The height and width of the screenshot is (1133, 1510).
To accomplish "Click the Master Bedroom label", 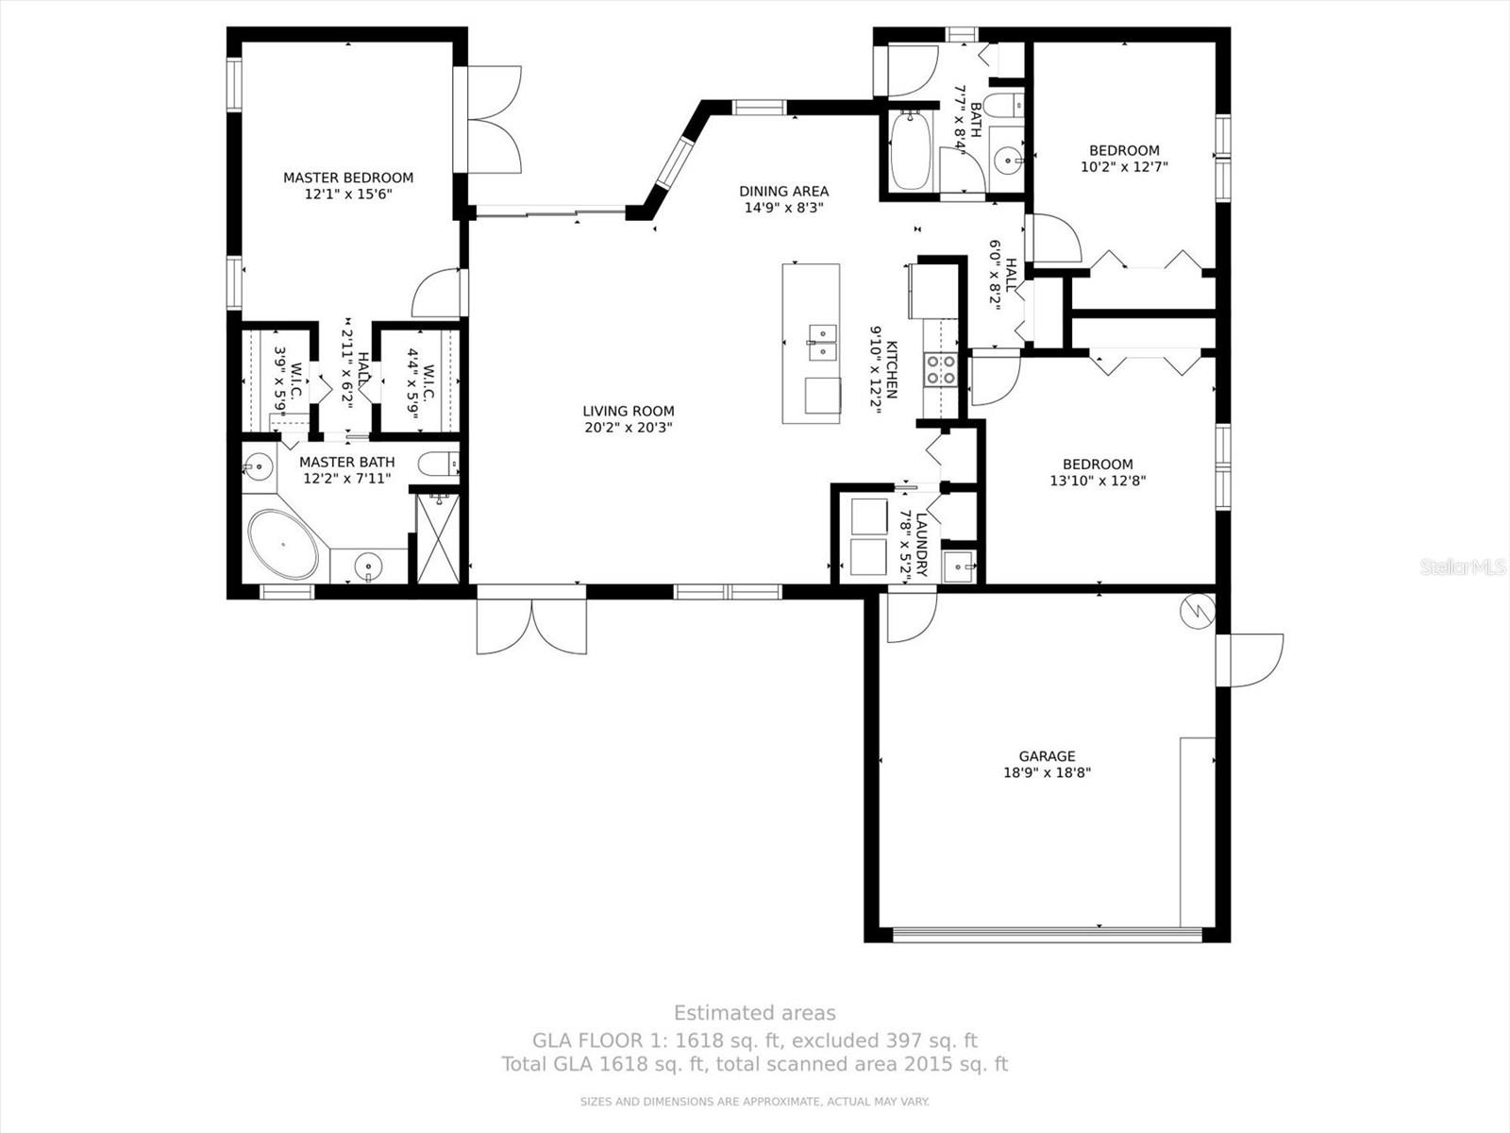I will click(x=348, y=178).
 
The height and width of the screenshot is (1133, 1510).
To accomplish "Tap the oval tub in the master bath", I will click(x=283, y=545).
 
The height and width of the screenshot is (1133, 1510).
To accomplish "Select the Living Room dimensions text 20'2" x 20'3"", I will click(x=629, y=428).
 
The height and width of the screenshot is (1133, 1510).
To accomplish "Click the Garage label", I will click(x=1047, y=755).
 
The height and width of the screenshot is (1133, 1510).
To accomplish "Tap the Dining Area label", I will click(x=783, y=191).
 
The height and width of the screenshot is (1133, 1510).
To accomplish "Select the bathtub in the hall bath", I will click(x=911, y=151).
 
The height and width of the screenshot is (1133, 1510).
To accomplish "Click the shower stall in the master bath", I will click(x=438, y=537).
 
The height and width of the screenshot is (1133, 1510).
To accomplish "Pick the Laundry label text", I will click(x=921, y=545).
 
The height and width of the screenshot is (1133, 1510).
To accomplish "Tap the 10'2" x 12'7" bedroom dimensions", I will click(x=1124, y=167).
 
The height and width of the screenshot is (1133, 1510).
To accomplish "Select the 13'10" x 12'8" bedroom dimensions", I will click(x=1098, y=481).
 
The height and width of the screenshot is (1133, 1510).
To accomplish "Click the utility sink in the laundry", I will click(x=960, y=568).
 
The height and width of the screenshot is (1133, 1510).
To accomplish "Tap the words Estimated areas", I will click(x=754, y=1013).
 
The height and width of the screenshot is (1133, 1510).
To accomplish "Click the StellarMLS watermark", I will click(x=1462, y=567).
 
